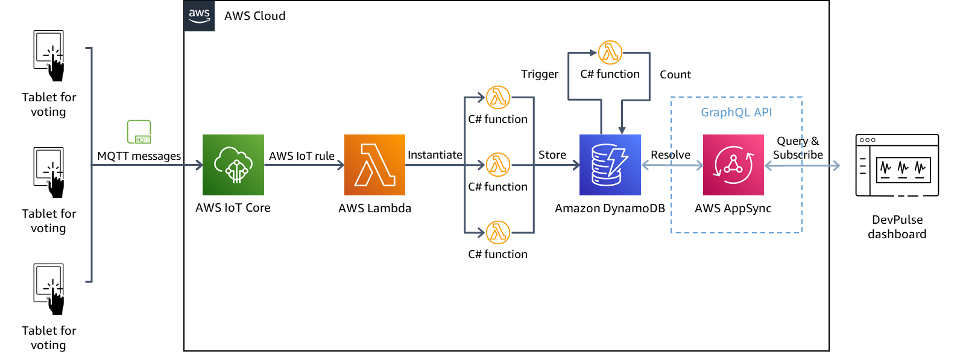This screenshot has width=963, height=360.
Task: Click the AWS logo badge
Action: pyautogui.click(x=199, y=16)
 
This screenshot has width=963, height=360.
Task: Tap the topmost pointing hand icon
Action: pyautogui.click(x=56, y=68)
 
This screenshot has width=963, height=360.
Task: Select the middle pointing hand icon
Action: pyautogui.click(x=56, y=185)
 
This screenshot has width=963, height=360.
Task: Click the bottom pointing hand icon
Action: pyautogui.click(x=56, y=301)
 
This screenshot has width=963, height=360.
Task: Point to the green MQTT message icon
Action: pyautogui.click(x=139, y=132)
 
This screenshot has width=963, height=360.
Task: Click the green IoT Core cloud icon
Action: pyautogui.click(x=233, y=165)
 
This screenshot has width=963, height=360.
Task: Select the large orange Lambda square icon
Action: pyautogui.click(x=374, y=165)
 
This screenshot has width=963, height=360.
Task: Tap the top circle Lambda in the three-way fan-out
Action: pyautogui.click(x=498, y=97)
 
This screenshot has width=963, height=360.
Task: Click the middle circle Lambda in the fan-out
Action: pyautogui.click(x=498, y=165)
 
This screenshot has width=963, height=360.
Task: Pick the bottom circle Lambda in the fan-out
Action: pyautogui.click(x=498, y=232)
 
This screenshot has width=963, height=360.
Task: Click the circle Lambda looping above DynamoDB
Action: pyautogui.click(x=610, y=52)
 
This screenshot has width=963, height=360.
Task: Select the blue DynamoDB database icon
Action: pyautogui.click(x=610, y=165)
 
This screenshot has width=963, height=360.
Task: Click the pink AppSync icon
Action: pyautogui.click(x=733, y=165)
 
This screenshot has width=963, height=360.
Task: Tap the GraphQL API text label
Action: pyautogui.click(x=736, y=112)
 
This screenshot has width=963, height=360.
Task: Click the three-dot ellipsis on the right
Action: pyautogui.click(x=867, y=140)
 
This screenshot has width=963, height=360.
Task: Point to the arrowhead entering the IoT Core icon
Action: pyautogui.click(x=200, y=165)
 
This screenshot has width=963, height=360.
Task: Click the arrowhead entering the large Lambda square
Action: pyautogui.click(x=341, y=165)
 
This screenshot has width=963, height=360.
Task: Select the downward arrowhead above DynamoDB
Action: pyautogui.click(x=622, y=130)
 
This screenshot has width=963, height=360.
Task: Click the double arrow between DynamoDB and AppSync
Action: pyautogui.click(x=672, y=165)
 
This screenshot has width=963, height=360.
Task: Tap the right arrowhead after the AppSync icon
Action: pyautogui.click(x=836, y=165)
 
